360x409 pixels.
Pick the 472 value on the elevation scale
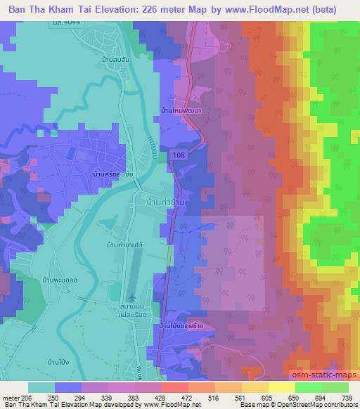179,397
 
